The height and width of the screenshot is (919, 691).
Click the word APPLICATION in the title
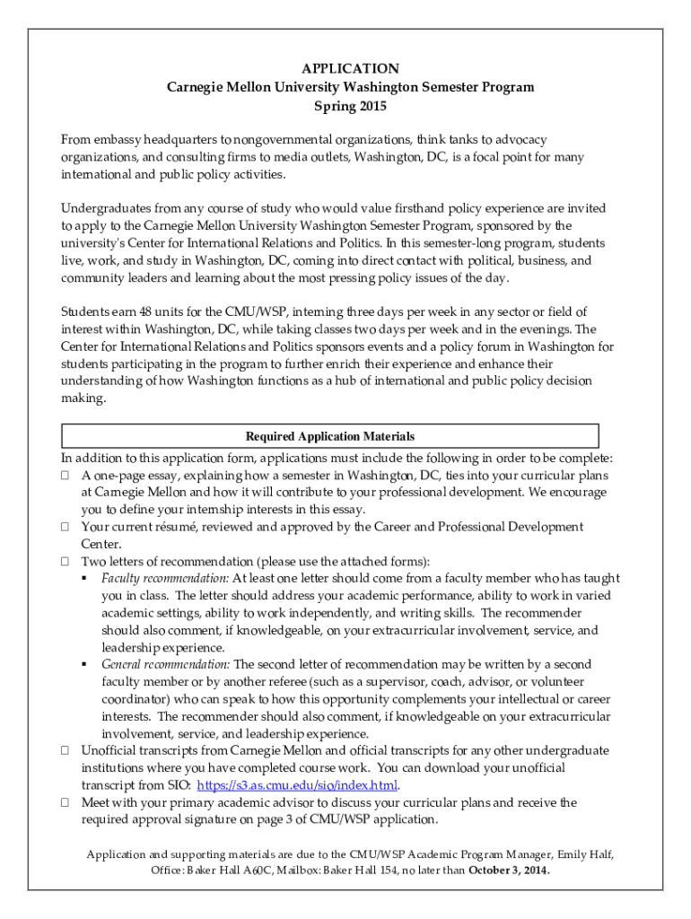pos(350,69)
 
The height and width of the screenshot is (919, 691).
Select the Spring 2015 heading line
pos(350,107)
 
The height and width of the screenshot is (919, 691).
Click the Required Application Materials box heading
pos(330,437)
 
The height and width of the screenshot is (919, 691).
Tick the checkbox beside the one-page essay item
pos(66,476)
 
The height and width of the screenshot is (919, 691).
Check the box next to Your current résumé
pos(66,528)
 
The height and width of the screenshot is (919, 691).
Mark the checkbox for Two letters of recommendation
pos(66,562)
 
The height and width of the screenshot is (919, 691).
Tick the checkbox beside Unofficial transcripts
pos(66,751)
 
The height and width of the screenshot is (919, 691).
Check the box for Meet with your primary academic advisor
pos(66,803)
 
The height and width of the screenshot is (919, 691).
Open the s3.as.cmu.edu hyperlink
pos(297,785)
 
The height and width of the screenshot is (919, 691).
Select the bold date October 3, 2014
pos(510,871)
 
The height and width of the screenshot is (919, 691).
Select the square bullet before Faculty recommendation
pos(84,579)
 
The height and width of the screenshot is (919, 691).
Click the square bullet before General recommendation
pos(84,665)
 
